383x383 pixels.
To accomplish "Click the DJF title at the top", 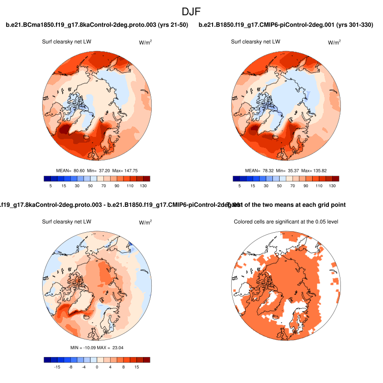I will click(x=191, y=11).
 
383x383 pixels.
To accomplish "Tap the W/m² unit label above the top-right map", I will click(x=334, y=42).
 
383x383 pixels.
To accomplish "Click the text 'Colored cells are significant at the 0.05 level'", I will click(x=285, y=222).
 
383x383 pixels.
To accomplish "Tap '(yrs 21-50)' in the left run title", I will click(x=170, y=25).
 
